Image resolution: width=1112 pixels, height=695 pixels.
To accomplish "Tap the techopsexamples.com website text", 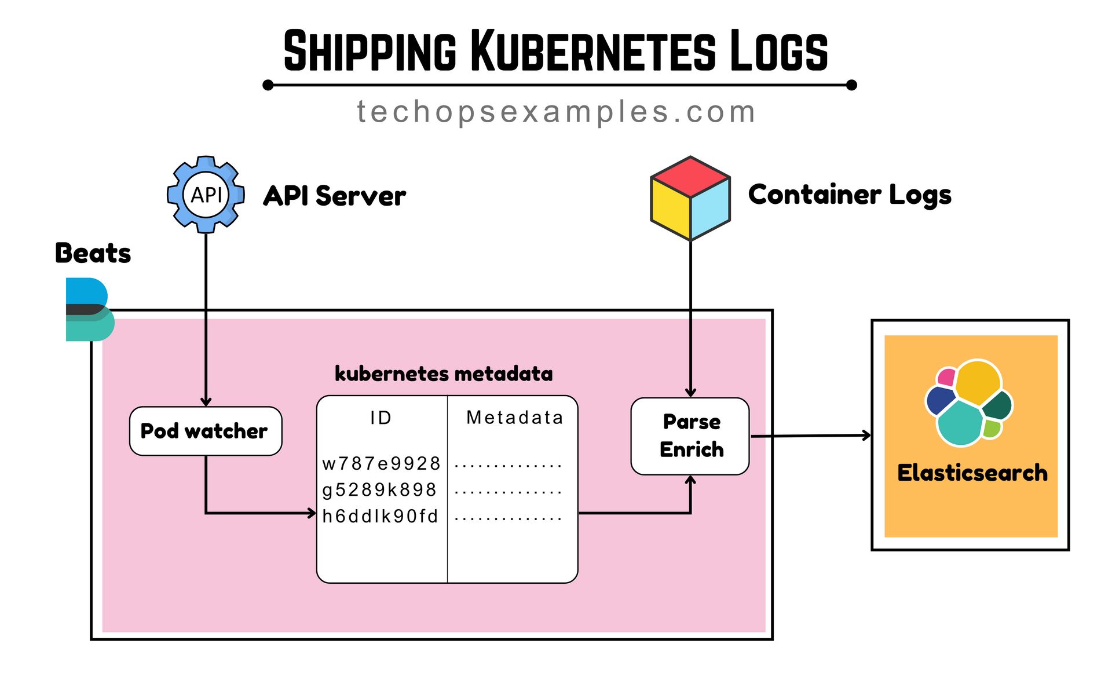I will coord(556,112).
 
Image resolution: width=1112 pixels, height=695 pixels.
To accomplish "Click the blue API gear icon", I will coord(206,195).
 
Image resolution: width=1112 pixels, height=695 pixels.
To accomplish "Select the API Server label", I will coord(334,196).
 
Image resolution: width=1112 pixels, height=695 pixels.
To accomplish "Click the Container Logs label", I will coord(850,195).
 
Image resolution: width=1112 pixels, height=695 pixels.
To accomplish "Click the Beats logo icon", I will coord(88,309).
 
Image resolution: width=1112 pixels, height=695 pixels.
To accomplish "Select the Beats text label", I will coord(93,253).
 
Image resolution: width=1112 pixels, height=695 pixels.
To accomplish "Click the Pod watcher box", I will coord(205,431).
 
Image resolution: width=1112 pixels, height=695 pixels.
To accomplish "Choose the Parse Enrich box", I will coord(690,436).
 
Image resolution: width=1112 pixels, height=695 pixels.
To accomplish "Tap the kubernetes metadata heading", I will coord(444,374).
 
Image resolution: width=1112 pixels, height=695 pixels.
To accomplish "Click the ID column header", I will coord(381,418).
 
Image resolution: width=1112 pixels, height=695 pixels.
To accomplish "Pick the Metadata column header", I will coord(514,418).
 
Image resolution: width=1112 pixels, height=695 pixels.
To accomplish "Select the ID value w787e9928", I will coord(381,463).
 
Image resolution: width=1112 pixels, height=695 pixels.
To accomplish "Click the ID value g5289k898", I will coord(379,490).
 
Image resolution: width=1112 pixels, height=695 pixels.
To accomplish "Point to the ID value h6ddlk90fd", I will coord(380,516).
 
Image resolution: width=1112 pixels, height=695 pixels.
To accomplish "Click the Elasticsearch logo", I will coord(969,403).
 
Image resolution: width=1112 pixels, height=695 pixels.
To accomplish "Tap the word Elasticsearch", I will coord(972,473).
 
